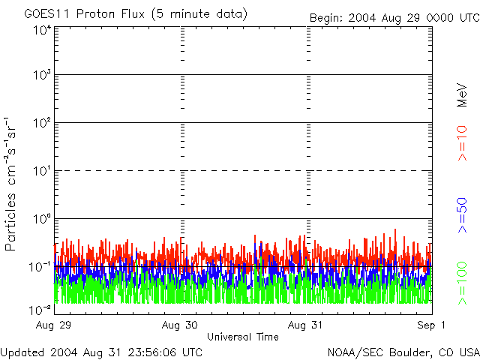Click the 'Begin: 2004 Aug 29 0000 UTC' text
point(394,18)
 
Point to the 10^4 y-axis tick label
point(42,30)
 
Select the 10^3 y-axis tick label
point(42,75)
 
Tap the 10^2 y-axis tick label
point(42,123)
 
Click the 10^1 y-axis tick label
point(42,171)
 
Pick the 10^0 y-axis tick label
point(42,219)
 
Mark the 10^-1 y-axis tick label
point(40,267)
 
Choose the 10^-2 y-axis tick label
point(40,310)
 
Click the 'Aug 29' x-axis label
point(53,325)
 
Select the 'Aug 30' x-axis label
point(180,325)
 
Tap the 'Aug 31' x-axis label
point(305,325)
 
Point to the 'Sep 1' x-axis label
point(431,325)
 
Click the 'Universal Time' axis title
point(243,337)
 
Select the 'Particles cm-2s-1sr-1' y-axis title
point(10,184)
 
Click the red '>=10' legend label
point(462,143)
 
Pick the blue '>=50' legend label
point(462,215)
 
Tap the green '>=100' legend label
point(462,283)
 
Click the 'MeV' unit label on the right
point(462,95)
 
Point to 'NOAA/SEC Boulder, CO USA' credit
point(403,352)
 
